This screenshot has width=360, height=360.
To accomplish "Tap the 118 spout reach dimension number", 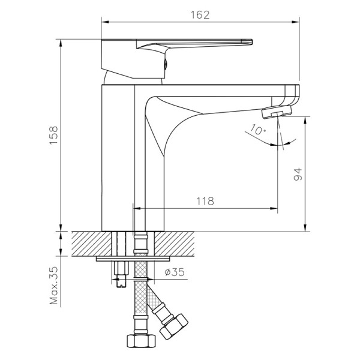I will (205, 202).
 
